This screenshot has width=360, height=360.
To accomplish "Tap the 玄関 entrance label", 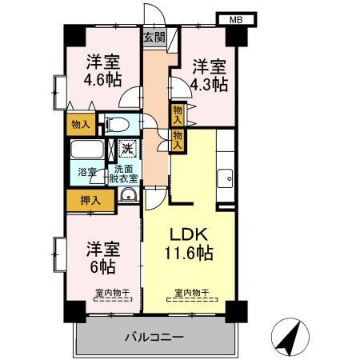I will [x=154, y=37].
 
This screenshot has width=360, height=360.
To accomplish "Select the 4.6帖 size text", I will [x=103, y=78].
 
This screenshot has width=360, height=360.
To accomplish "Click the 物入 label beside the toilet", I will [x=80, y=124].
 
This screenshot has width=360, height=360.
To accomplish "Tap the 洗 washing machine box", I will [x=127, y=147].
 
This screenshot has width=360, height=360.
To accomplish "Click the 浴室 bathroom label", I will [x=86, y=172].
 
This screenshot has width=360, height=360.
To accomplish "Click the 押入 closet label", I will [x=90, y=201].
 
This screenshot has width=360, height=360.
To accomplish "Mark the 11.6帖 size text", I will [x=190, y=254].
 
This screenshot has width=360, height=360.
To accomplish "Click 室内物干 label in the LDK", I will [x=193, y=292].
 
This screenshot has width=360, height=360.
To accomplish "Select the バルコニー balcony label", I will [x=154, y=337].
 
